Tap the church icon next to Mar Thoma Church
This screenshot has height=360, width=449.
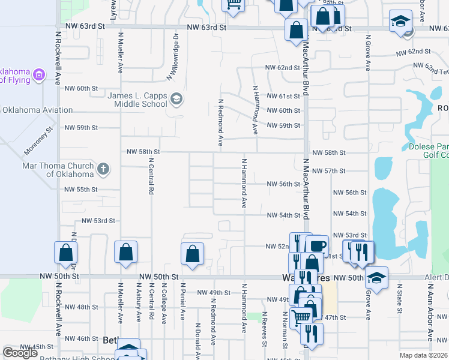103,169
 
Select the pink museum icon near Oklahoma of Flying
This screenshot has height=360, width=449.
40,75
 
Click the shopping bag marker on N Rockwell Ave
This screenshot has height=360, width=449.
65,253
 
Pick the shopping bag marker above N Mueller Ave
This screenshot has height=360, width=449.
126,253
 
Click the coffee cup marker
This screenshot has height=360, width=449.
317,246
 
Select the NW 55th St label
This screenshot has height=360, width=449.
81,190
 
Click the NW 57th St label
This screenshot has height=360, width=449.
329,171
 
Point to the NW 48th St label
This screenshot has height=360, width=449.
81,307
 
